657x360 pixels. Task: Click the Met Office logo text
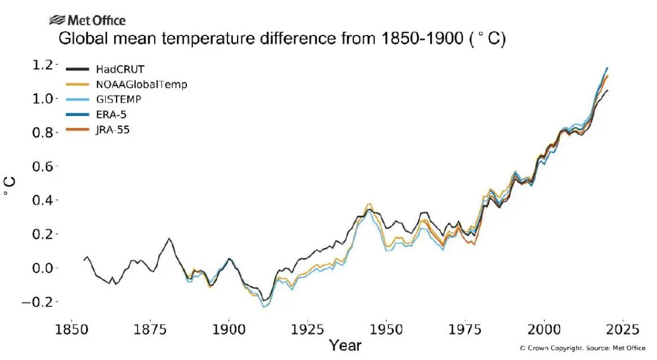click(x=96, y=21)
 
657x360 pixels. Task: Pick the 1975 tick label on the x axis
click(x=465, y=329)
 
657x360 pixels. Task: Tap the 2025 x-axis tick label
click(x=622, y=329)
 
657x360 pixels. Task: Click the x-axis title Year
click(x=345, y=345)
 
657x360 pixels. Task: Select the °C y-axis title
click(x=10, y=186)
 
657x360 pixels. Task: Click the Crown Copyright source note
click(x=582, y=348)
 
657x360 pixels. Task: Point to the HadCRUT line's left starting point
click(x=84, y=260)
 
